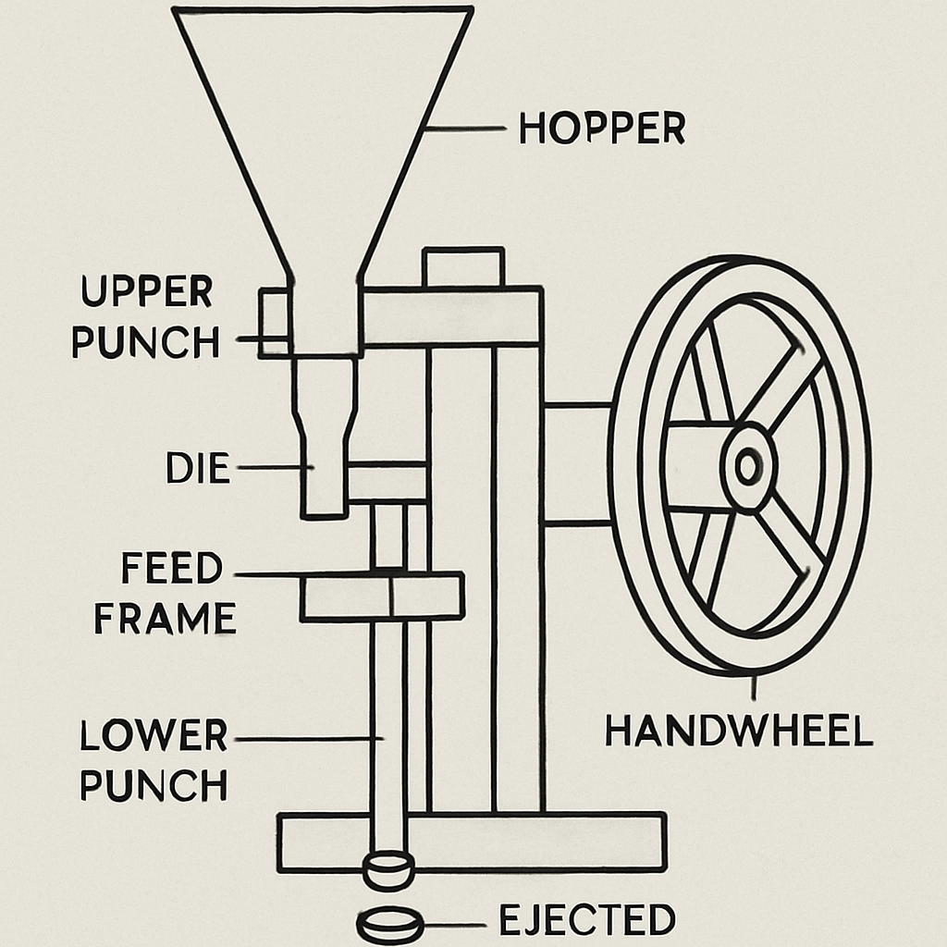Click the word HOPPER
tap(602, 129)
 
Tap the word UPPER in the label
tap(146, 292)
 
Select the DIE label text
tap(197, 469)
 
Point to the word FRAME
tap(165, 618)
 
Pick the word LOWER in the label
tap(153, 736)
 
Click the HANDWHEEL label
tap(739, 732)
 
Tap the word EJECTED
tap(587, 920)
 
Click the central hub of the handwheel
tap(748, 466)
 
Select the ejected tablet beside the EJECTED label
tap(389, 925)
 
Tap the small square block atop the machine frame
tap(463, 268)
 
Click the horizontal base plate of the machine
tap(555, 842)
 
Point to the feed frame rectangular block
tap(381, 596)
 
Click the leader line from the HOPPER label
tap(467, 129)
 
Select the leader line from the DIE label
tap(276, 468)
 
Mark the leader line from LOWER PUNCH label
tap(310, 738)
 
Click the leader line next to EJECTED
tap(454, 924)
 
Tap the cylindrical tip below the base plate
tap(388, 870)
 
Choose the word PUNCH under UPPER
tap(146, 342)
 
